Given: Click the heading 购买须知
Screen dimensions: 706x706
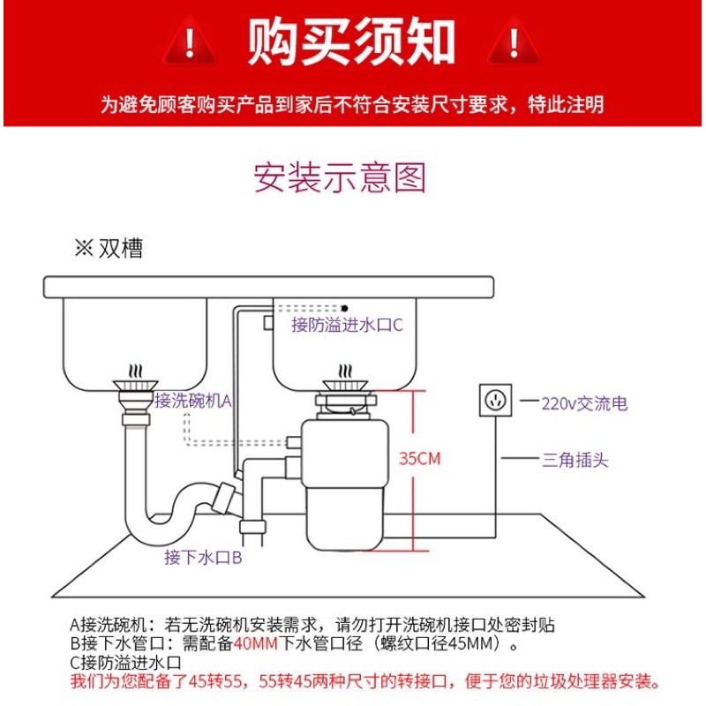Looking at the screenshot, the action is coord(350,41).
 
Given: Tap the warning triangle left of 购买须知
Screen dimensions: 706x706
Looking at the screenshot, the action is coord(190,41).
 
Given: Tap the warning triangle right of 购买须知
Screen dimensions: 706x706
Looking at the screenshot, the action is coord(514,41).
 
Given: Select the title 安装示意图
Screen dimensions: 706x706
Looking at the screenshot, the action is coord(340,177).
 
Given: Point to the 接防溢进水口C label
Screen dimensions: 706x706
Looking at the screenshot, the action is coord(347,325).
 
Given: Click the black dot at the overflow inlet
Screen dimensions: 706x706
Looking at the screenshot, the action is coord(344,308).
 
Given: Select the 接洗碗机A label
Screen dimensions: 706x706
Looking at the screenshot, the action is coord(193,401).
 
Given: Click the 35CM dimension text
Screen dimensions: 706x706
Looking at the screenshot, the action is coord(420,459).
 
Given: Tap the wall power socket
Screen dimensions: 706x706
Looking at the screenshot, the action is coord(495,400).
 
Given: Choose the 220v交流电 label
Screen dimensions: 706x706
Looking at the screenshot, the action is coord(584,403).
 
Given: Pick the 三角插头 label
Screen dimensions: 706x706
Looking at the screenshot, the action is coord(575,460).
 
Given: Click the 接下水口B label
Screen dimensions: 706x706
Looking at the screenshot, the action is coord(203,558).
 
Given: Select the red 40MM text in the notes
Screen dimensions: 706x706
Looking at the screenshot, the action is coord(255,643).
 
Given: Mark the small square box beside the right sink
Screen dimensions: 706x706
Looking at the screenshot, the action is coord(268,322).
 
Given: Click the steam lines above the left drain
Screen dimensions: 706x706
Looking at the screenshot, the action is coord(135,372).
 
